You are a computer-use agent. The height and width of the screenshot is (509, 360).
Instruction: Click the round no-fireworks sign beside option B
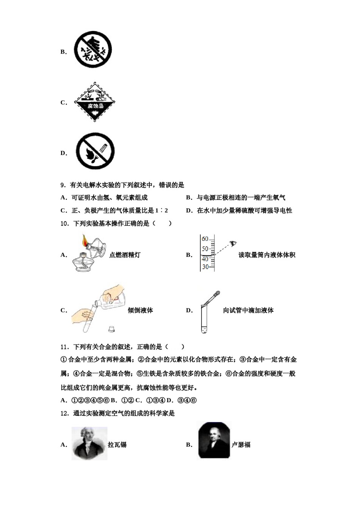(93, 50)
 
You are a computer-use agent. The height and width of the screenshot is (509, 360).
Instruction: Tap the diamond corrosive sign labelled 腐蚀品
(95, 102)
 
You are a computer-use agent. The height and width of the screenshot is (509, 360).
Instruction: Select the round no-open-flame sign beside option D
(95, 151)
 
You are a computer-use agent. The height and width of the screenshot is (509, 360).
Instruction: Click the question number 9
(63, 185)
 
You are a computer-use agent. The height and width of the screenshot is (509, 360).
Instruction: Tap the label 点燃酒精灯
(125, 255)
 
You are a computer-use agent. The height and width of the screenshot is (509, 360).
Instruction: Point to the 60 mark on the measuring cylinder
(205, 239)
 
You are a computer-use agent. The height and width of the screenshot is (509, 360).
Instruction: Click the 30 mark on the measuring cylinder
(205, 267)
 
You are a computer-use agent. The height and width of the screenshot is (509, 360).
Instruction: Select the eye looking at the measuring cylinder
(234, 243)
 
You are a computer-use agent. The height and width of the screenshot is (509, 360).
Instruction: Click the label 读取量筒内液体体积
(267, 255)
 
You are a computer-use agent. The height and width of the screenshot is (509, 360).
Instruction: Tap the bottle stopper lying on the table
(111, 329)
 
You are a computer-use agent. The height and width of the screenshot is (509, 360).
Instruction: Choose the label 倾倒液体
(140, 310)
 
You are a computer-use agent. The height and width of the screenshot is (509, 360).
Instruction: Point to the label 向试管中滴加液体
(248, 310)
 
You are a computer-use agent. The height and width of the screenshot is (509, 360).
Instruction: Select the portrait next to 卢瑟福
(214, 440)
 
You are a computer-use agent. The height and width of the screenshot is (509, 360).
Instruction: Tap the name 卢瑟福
(241, 445)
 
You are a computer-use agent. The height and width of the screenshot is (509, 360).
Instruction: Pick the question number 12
(64, 414)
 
